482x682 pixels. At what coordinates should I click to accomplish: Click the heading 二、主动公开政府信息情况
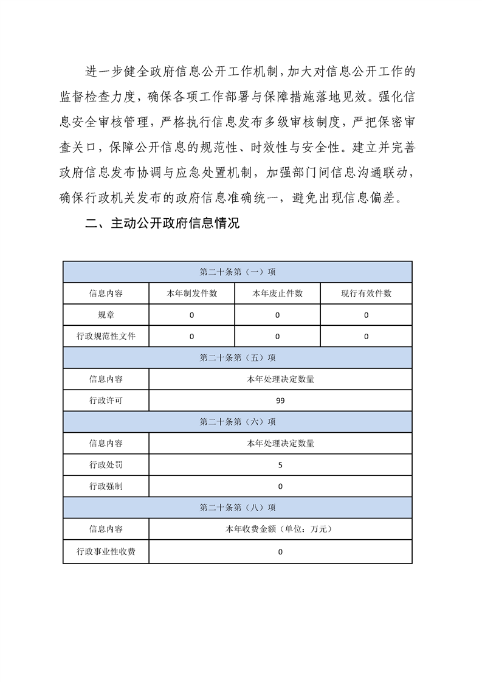[x=162, y=224]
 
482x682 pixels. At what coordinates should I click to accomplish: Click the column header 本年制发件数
[x=192, y=294]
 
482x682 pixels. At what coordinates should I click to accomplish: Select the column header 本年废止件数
[x=278, y=294]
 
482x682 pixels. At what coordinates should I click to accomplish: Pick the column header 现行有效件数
[x=366, y=294]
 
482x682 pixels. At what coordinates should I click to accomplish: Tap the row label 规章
[x=106, y=315]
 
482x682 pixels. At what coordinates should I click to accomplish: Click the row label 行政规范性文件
[x=106, y=336]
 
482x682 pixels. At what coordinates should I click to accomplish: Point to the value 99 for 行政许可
[x=280, y=401]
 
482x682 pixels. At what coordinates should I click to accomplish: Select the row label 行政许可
[x=106, y=401]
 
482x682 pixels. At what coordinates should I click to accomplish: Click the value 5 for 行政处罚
[x=280, y=465]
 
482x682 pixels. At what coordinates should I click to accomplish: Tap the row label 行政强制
[x=106, y=486]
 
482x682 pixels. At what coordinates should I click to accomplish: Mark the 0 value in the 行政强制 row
[x=280, y=486]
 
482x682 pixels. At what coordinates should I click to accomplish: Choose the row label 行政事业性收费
[x=106, y=552]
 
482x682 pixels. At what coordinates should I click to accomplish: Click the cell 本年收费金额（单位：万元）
[x=280, y=529]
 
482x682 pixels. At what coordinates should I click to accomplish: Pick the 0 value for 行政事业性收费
[x=280, y=552]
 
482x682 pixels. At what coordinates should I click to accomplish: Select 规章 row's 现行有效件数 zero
[x=366, y=315]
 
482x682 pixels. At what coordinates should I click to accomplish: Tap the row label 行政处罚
[x=106, y=465]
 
